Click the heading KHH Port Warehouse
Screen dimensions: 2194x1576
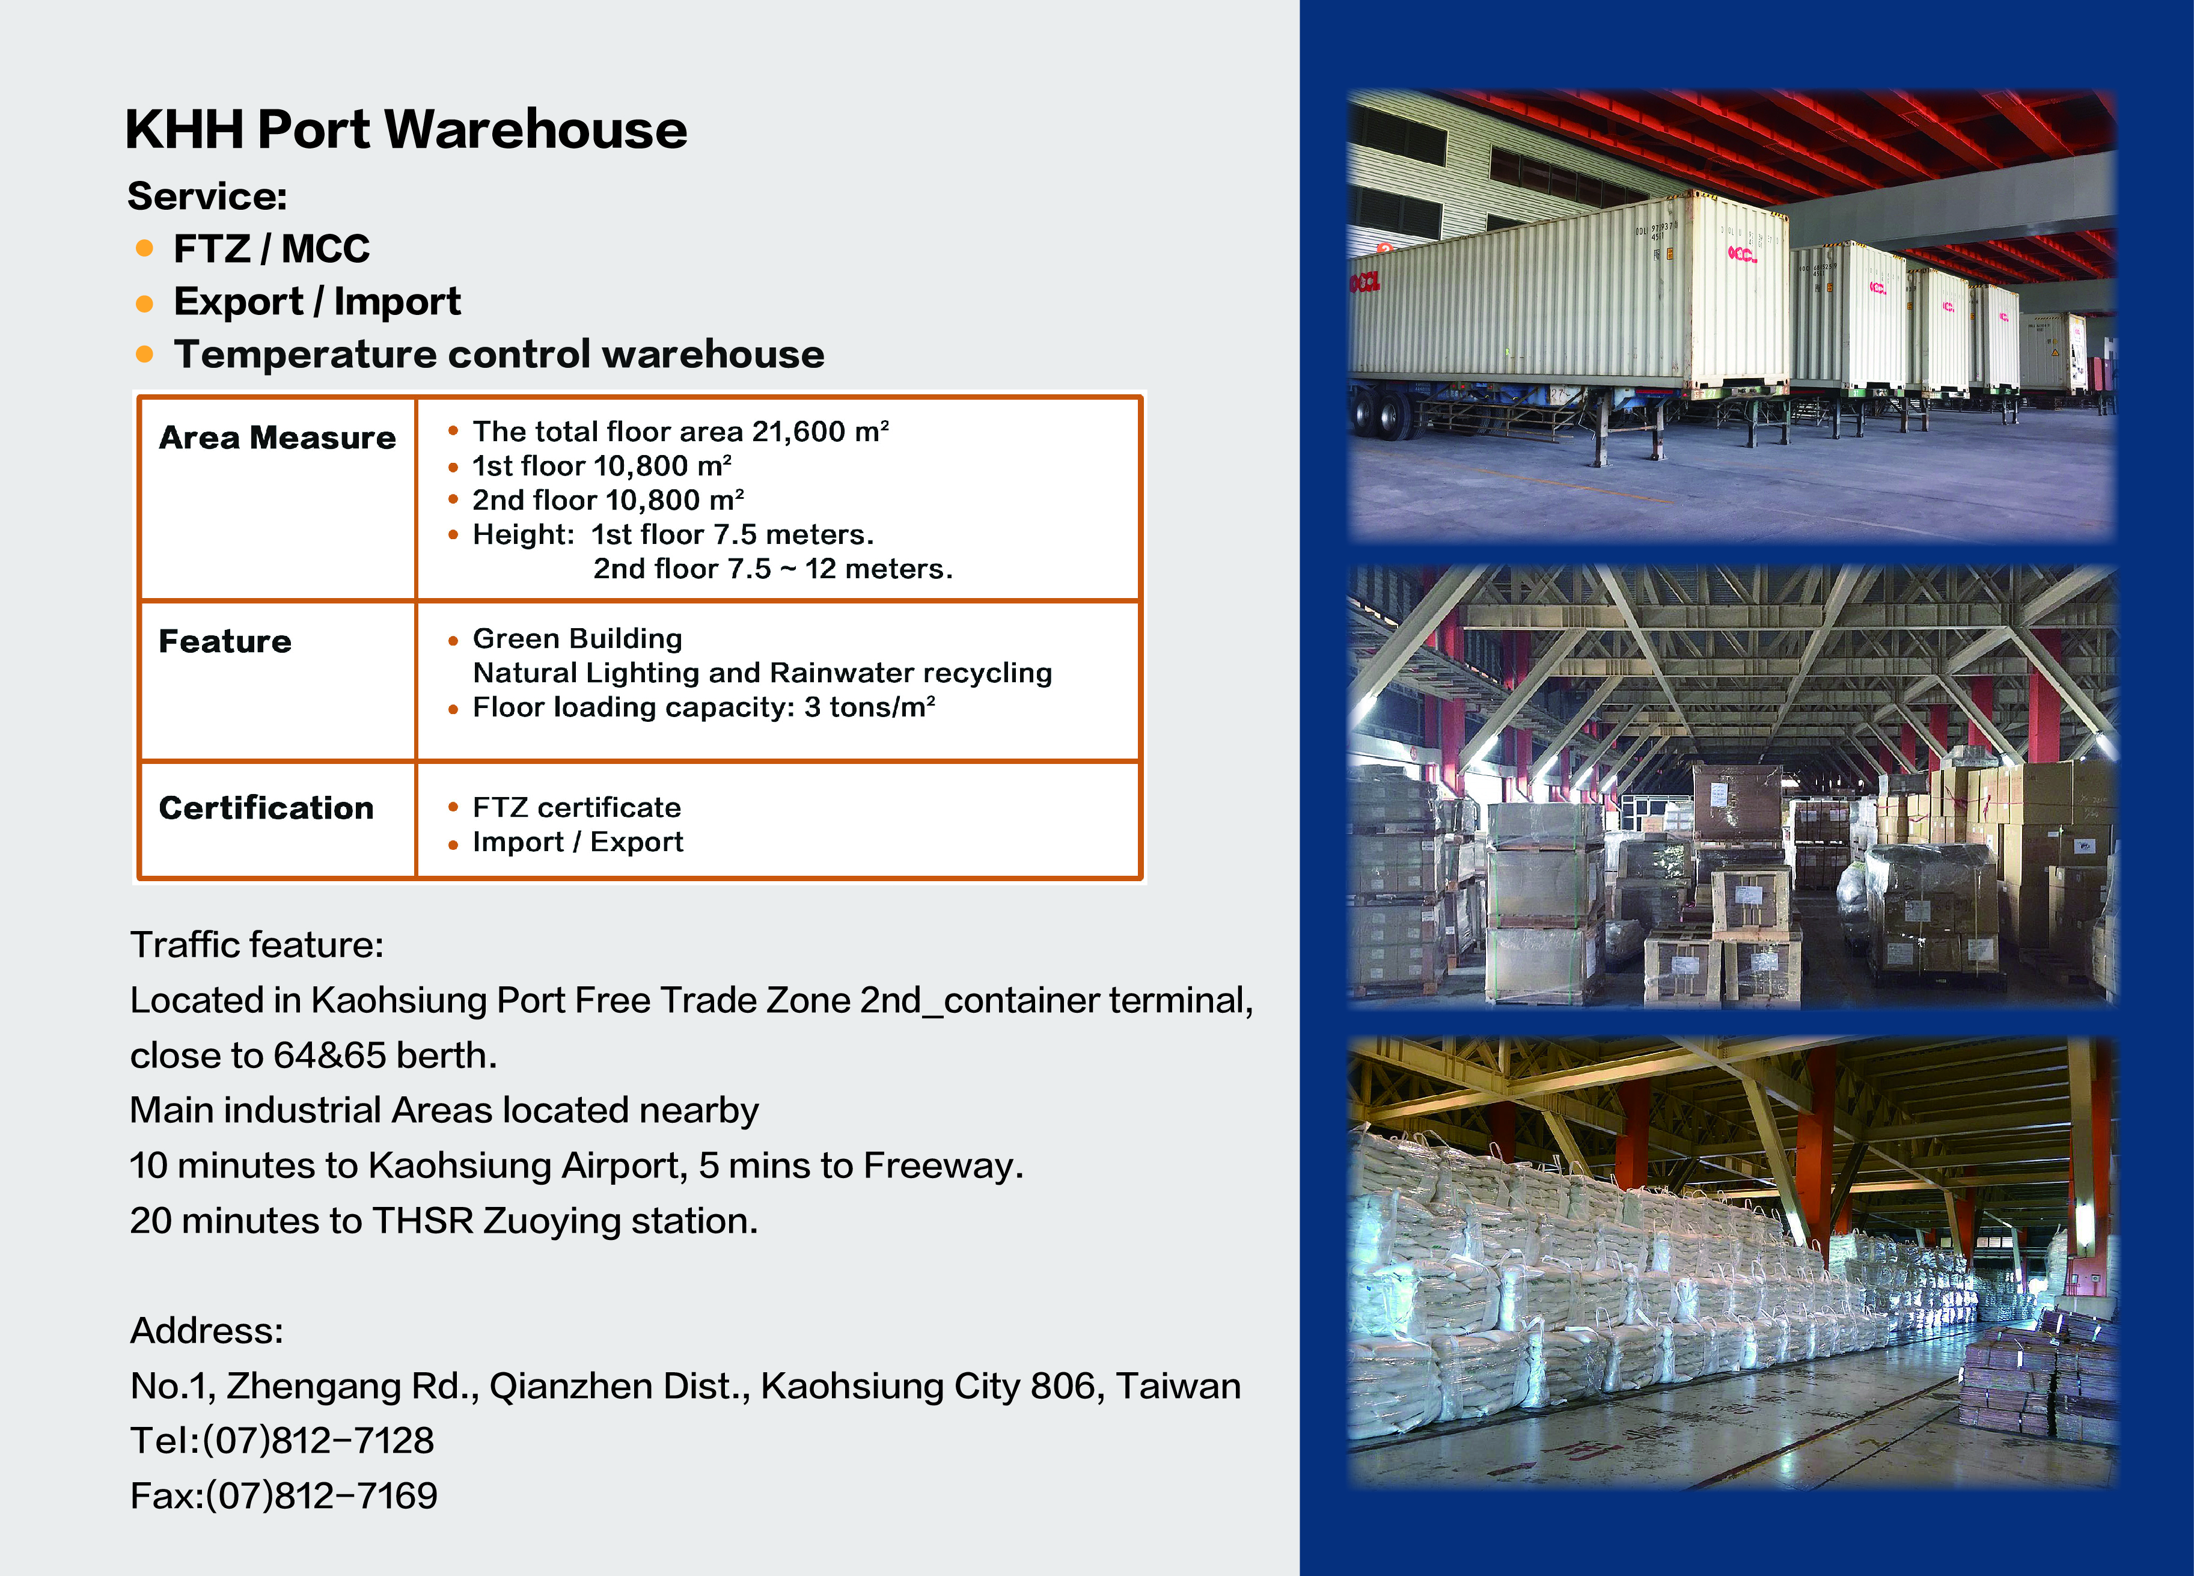[x=406, y=130]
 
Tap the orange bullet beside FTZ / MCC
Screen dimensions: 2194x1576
[x=145, y=249]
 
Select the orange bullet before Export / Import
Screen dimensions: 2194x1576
[x=145, y=304]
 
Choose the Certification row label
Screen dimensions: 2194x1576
[x=266, y=808]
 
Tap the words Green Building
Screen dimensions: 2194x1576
[x=578, y=638]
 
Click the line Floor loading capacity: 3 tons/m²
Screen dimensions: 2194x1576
[x=703, y=707]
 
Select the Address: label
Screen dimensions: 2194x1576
[x=207, y=1331]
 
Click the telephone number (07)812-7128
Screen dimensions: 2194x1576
[x=318, y=1441]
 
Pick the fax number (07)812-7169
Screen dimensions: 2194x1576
[x=321, y=1495]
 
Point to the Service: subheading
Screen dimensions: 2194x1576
[x=207, y=197]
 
